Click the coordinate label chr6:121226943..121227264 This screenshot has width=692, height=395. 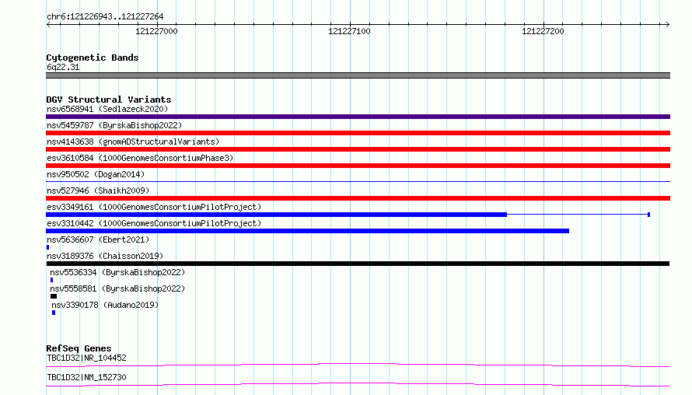105,17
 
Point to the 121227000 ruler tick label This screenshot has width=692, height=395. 156,31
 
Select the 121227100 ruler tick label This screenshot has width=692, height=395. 349,31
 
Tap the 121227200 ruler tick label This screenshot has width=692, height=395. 543,31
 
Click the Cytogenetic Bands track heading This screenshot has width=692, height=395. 93,58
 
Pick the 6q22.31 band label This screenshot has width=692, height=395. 63,67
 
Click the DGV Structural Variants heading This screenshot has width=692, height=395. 109,100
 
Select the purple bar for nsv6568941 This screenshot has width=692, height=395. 358,117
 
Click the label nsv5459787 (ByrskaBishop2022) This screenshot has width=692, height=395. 114,126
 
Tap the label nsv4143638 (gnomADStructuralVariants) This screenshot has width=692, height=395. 133,142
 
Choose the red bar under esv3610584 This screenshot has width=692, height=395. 358,166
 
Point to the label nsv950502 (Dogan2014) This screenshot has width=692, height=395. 96,175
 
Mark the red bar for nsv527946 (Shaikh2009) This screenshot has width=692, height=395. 358,198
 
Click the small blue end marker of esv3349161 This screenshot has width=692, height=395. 648,215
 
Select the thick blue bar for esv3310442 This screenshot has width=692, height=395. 308,231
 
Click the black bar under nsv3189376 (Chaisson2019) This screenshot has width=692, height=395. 358,264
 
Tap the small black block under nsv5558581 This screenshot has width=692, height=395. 54,296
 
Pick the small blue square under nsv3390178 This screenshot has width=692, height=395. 54,313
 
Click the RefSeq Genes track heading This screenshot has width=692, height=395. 79,348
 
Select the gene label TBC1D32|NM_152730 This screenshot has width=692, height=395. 86,378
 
